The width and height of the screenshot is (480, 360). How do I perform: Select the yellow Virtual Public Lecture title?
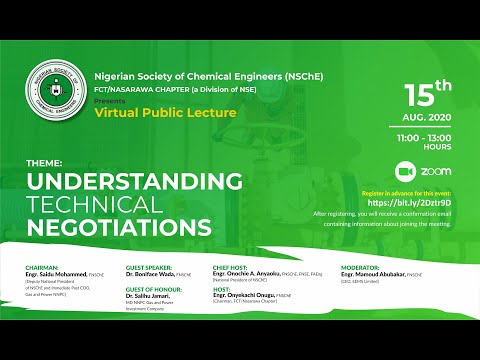click(x=165, y=113)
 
